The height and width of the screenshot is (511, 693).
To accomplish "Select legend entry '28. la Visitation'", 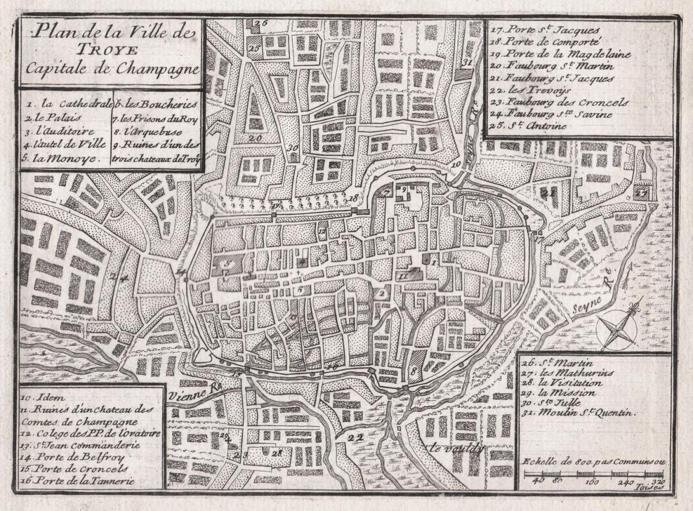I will click(557, 383).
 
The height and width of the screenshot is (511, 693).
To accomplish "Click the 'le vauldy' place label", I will click(455, 448).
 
